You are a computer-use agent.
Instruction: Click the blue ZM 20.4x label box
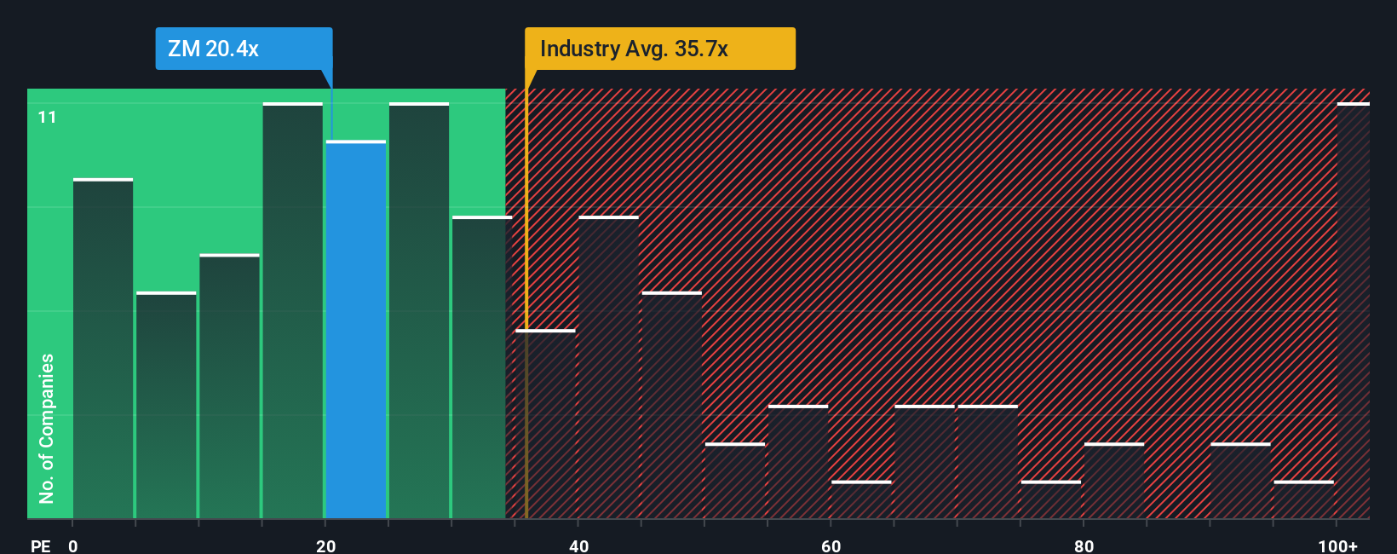244,49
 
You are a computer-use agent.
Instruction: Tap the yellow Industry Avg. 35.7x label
659,49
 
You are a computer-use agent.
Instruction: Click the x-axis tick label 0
73,545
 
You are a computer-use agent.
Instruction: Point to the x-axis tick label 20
325,545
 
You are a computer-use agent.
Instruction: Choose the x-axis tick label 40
578,545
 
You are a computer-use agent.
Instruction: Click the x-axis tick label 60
831,545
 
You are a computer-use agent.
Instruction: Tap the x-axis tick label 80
1084,545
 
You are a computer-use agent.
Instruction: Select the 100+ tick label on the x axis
1337,545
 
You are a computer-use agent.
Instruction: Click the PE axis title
40,545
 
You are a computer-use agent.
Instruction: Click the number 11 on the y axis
47,117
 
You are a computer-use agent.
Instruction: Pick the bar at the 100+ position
1353,311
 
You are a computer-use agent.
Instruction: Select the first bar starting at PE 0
103,349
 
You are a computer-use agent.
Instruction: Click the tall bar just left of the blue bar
293,311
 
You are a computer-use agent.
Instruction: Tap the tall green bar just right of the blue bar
419,311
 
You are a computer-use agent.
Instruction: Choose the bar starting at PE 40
608,367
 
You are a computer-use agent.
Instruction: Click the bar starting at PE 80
1113,481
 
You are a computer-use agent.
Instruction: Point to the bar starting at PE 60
861,499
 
